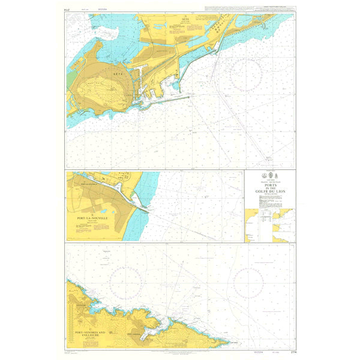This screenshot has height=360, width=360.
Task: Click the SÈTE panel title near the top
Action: click(x=185, y=20)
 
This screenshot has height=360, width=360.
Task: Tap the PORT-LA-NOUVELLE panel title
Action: click(x=92, y=219)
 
